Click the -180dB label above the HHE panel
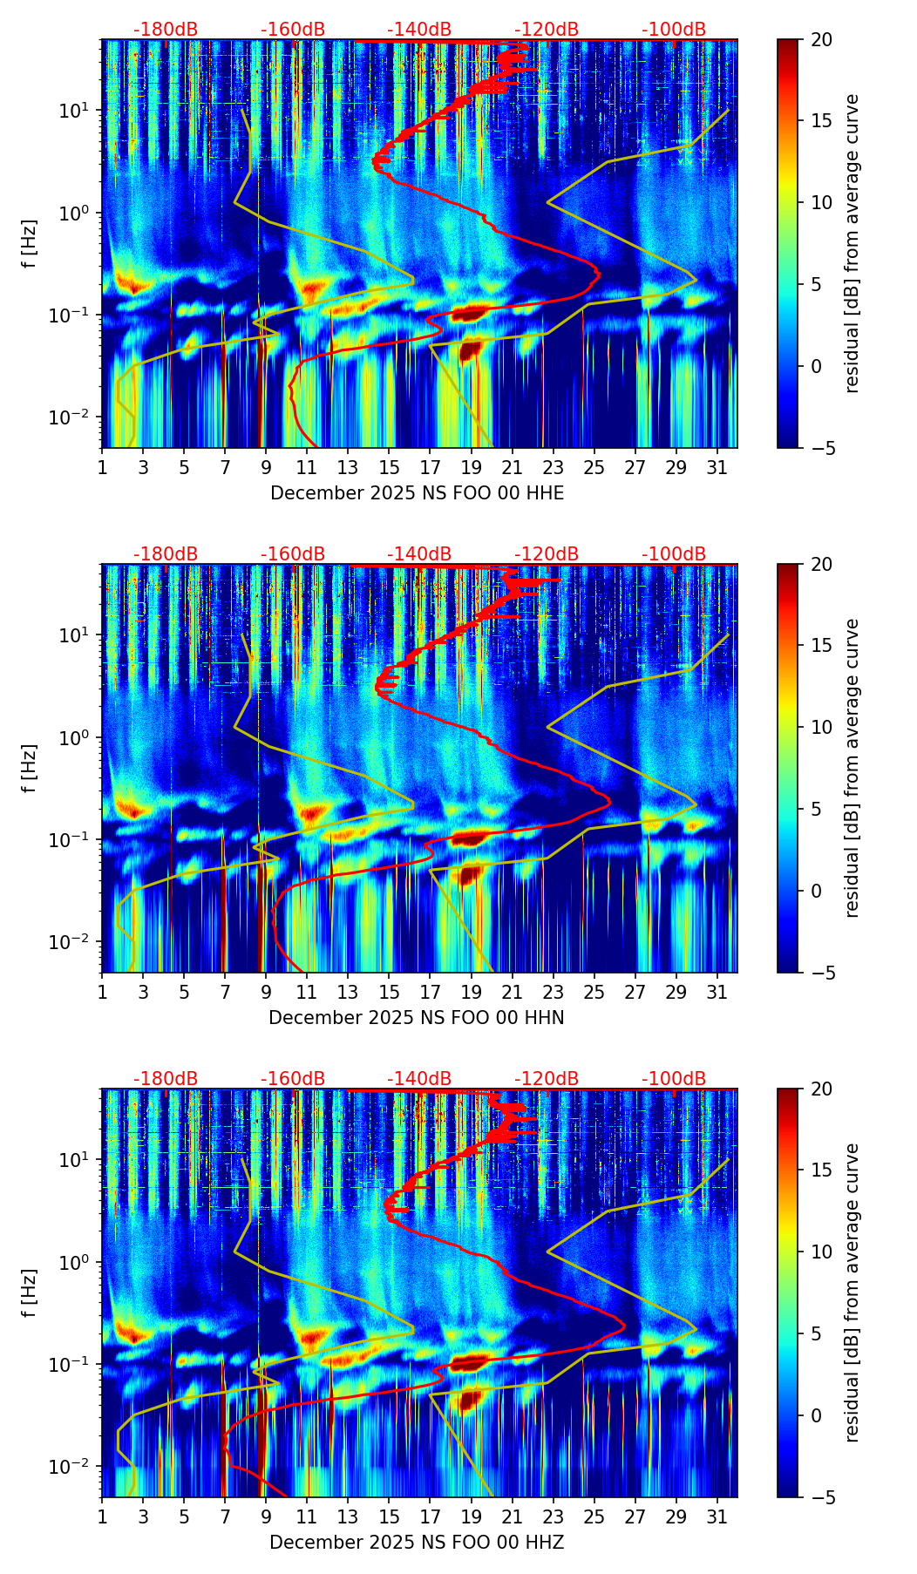click(x=166, y=30)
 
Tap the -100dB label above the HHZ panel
click(x=674, y=1079)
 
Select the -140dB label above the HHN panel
click(x=419, y=554)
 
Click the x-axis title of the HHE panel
click(x=417, y=493)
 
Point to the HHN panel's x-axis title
click(x=417, y=1018)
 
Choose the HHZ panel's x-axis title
click(x=417, y=1543)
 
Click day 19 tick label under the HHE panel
click(x=471, y=467)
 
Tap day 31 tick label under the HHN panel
click(x=717, y=992)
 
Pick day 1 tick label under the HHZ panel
click(x=102, y=1516)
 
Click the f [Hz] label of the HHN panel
click(x=30, y=768)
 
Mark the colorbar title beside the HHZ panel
click(x=852, y=1292)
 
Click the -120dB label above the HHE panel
click(x=547, y=30)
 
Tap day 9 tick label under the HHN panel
click(x=266, y=992)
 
